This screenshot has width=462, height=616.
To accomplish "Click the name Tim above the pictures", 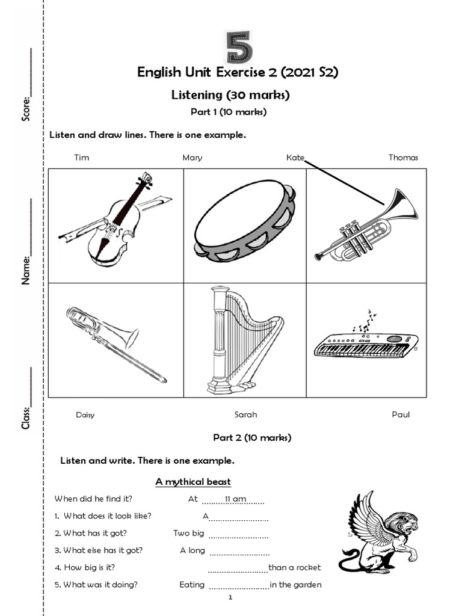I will (81, 158).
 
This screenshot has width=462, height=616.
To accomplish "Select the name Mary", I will (192, 158).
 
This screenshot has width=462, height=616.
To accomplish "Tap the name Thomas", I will (403, 158).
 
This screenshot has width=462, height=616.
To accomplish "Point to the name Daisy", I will (85, 415).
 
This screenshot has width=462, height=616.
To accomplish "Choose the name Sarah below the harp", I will (245, 414).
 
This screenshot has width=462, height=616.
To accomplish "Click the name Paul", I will (401, 414).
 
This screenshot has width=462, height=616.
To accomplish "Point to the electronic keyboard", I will (366, 345).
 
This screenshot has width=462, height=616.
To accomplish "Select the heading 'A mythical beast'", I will (193, 482).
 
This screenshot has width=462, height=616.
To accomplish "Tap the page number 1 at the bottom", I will (231, 598).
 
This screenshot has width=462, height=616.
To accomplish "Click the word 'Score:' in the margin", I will (26, 108).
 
